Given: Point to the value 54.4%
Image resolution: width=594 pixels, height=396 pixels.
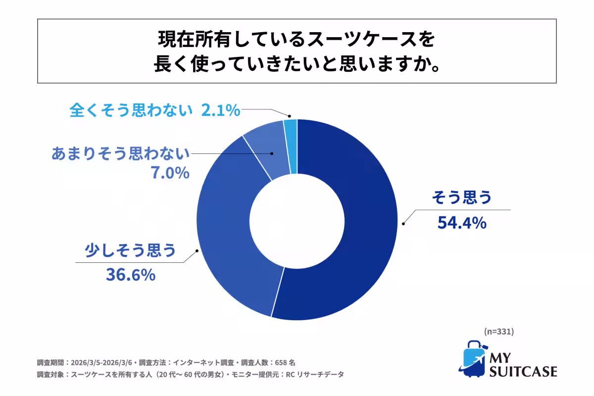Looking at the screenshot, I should coord(462,223).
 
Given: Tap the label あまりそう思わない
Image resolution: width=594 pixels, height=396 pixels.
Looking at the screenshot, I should coord(121,154).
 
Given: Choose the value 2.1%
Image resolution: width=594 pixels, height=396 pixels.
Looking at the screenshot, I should coord(220,110).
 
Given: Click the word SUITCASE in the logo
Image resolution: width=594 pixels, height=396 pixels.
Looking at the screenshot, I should coord(523,371).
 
